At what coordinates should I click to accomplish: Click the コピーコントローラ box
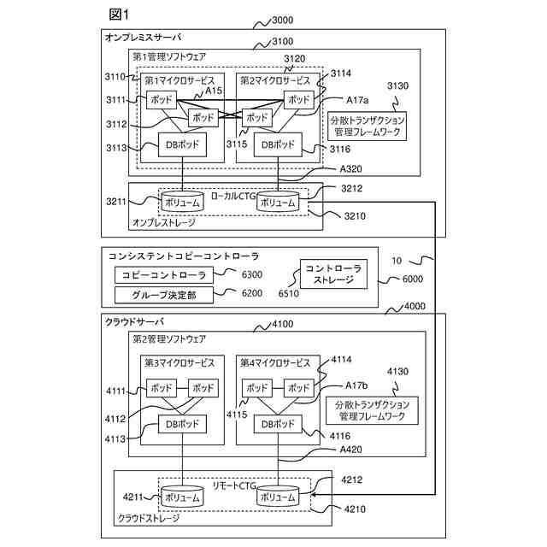point(163,275)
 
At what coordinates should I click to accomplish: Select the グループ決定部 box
point(163,295)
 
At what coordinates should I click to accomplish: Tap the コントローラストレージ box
point(333,273)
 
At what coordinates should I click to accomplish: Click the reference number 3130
point(397,85)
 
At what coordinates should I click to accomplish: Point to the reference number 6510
point(289,293)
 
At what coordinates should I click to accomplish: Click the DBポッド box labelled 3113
point(182,144)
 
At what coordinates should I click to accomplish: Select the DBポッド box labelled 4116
point(278,424)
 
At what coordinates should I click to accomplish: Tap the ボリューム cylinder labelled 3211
point(182,202)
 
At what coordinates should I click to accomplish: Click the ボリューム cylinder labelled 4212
point(278,496)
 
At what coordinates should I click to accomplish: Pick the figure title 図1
point(119,15)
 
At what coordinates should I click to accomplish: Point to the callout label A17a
point(357,100)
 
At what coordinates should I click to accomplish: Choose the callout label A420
point(350,450)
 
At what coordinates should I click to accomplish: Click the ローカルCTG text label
point(233,196)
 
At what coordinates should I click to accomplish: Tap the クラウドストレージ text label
point(149,519)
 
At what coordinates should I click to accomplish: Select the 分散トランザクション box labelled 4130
point(372,410)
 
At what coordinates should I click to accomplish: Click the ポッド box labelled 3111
point(162,100)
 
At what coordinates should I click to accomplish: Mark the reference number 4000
point(415,306)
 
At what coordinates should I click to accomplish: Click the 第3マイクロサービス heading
point(179,363)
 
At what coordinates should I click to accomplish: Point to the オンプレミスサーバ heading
point(144,38)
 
